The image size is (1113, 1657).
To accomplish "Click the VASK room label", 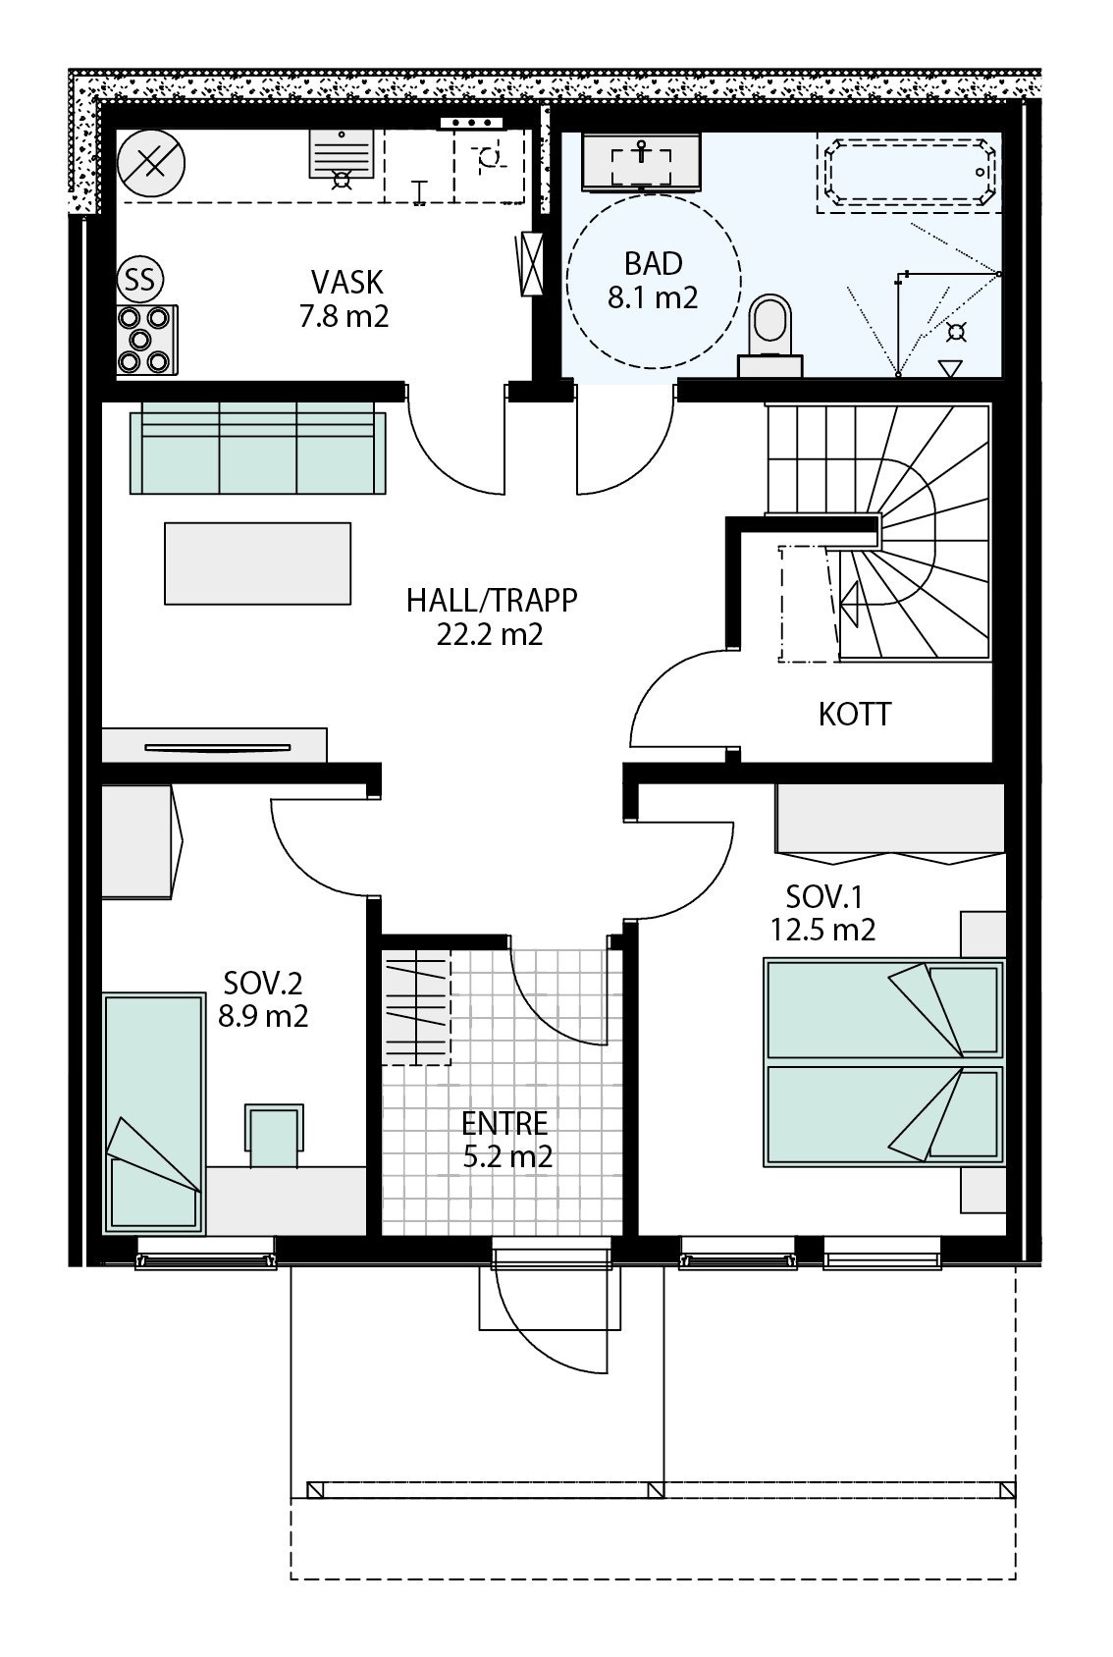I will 346,283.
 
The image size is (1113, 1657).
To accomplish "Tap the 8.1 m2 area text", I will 653,297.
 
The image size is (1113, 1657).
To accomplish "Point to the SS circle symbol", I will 140,281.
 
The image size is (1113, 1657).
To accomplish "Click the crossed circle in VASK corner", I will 151,162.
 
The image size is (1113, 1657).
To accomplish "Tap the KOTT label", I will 855,714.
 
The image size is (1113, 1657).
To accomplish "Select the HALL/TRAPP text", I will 492,600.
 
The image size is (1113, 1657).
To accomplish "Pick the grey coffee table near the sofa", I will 257,563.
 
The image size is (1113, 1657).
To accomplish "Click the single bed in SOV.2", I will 154,1112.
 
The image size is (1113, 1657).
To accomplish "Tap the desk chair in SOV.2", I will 275,1134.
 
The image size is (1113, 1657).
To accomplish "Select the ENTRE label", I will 504,1122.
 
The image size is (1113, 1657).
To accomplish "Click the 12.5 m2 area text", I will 822,929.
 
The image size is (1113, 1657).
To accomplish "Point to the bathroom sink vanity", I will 642,161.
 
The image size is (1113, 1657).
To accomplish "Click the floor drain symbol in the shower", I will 956,332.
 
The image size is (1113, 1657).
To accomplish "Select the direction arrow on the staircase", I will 850,598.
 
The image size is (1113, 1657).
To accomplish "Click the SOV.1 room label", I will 821,896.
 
